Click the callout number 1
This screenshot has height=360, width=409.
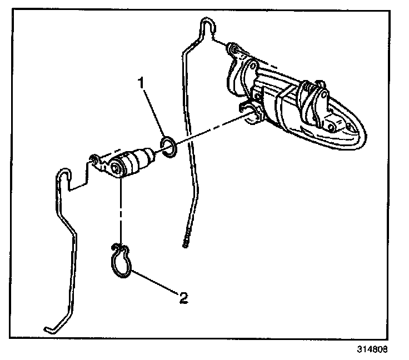pos(142,83)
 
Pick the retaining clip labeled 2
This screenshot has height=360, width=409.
pos(122,262)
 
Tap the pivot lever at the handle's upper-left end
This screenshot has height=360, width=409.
pos(236,50)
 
